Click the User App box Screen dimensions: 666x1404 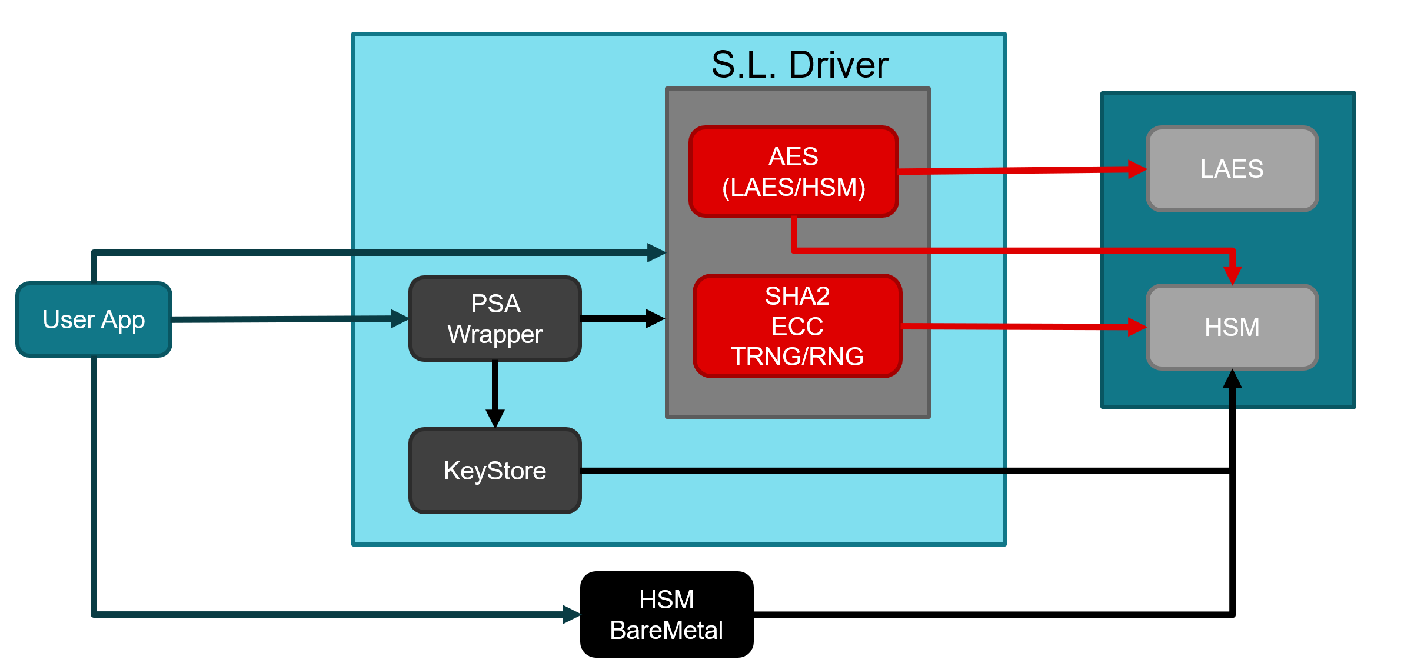tap(94, 319)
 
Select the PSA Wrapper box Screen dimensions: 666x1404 tap(495, 319)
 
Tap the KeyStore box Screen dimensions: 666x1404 tap(495, 471)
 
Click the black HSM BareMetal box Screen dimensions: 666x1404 tap(666, 614)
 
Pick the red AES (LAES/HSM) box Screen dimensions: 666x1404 tap(793, 171)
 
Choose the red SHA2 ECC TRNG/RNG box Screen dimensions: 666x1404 tap(797, 326)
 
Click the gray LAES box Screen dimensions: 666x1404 tap(1232, 169)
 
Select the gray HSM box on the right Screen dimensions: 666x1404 tap(1232, 327)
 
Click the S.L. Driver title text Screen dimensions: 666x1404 tap(799, 65)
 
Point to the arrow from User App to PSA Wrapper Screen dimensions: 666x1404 tap(282, 319)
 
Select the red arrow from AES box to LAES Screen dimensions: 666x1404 tap(1018, 171)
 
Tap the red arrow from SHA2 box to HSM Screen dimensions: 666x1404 tap(1018, 327)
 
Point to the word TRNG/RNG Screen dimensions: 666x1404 tap(797, 357)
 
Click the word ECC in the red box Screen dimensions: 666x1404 tap(797, 327)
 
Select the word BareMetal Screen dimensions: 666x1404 tap(666, 630)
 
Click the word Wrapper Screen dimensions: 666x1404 tap(495, 334)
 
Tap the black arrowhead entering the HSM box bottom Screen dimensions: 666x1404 tap(1232, 379)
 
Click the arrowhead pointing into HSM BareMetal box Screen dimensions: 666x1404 tap(571, 614)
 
